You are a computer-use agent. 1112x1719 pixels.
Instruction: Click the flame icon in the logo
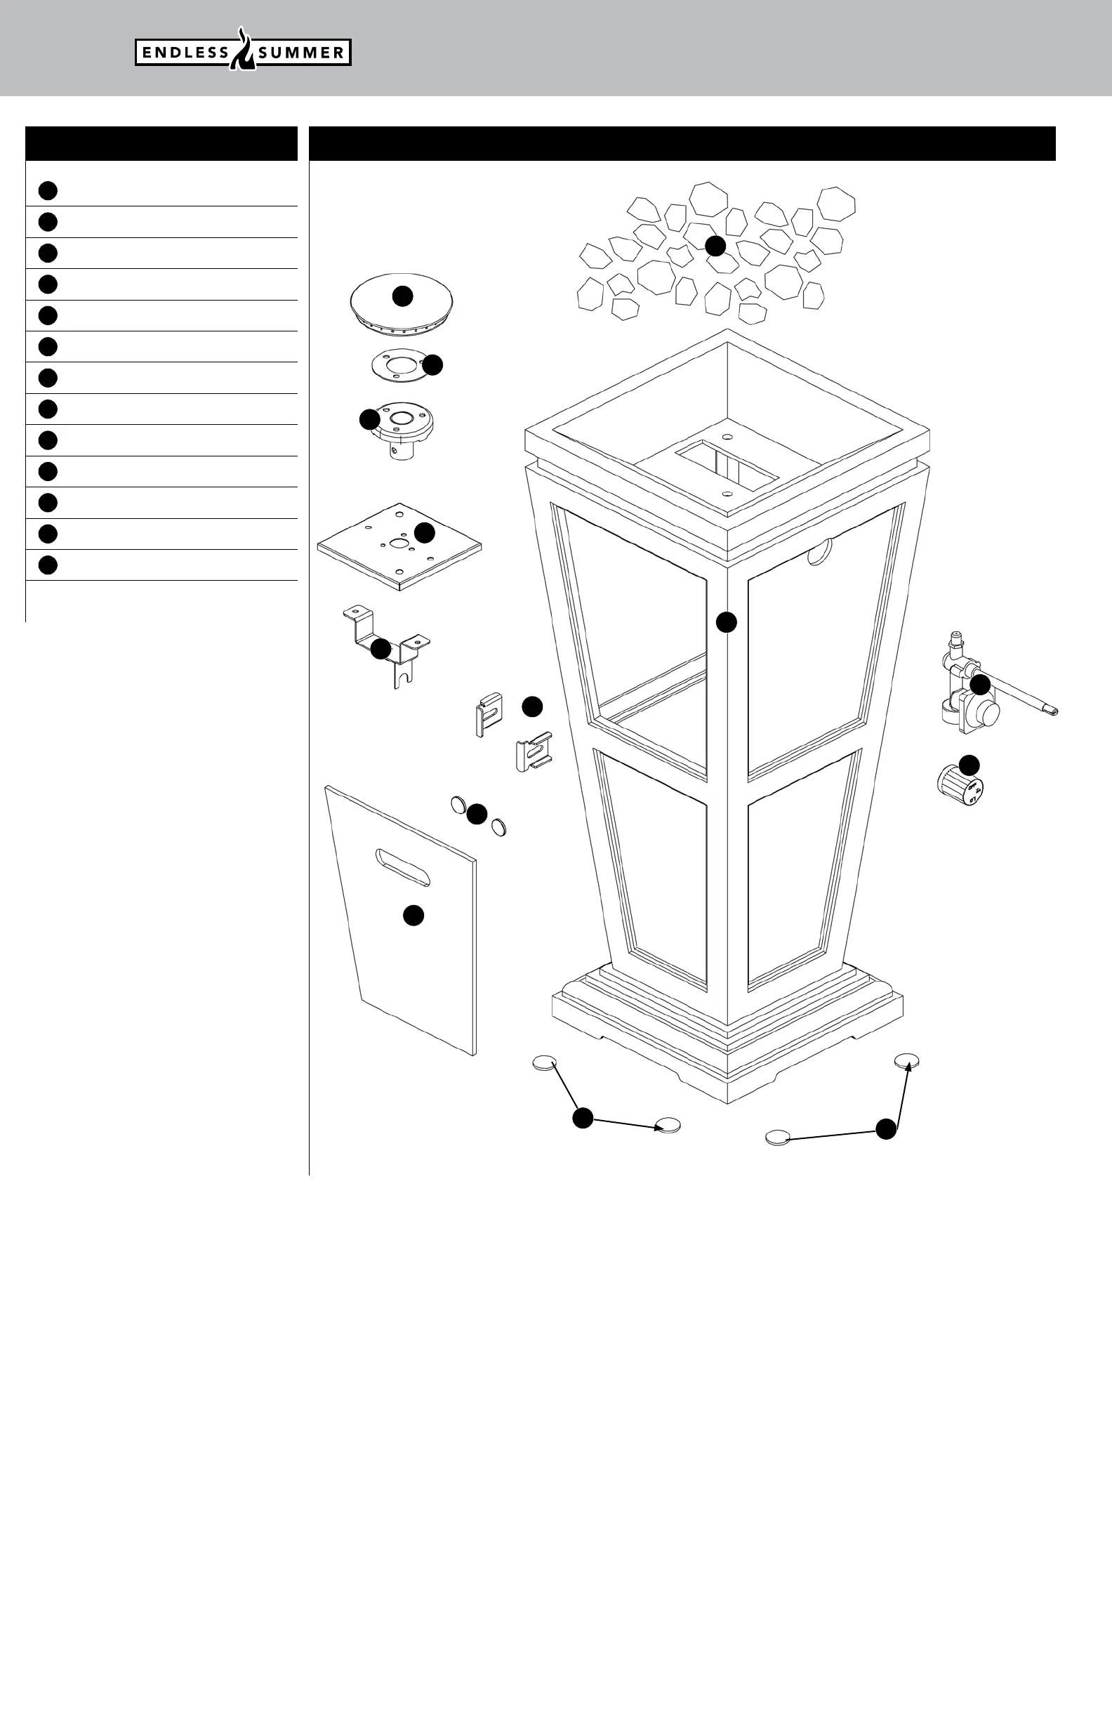[x=244, y=51]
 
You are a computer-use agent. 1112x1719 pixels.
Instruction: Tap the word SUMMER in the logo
[x=302, y=53]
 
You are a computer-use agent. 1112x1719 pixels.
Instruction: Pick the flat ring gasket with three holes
[x=397, y=364]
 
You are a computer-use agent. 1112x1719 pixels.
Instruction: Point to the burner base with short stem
[x=402, y=430]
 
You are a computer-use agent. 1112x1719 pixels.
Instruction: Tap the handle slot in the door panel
[x=402, y=867]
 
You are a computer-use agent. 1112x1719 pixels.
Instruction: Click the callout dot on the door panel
[x=413, y=916]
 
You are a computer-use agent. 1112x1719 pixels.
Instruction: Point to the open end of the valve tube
[x=1054, y=712]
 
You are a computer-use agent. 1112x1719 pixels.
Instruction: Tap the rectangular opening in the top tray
[x=726, y=465]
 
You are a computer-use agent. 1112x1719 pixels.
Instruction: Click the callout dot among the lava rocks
[x=715, y=246]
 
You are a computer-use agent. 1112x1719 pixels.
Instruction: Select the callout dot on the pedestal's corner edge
[x=727, y=622]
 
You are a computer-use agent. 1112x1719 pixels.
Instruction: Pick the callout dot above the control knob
[x=969, y=764]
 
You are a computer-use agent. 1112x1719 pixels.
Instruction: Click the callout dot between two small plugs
[x=477, y=814]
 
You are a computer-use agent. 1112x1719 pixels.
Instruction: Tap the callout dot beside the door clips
[x=532, y=706]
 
